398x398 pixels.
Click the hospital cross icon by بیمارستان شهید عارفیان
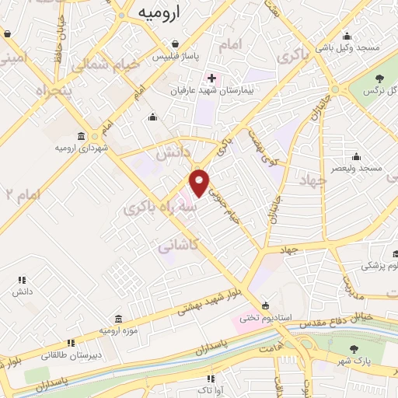coord(211,79)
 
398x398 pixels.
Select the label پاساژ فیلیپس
coord(177,57)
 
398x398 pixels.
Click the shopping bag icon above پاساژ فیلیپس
coord(177,44)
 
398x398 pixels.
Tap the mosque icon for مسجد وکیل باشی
coord(347,35)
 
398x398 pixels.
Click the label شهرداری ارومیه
coord(80,147)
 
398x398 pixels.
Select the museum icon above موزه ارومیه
coord(117,319)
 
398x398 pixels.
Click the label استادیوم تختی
coord(258,317)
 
